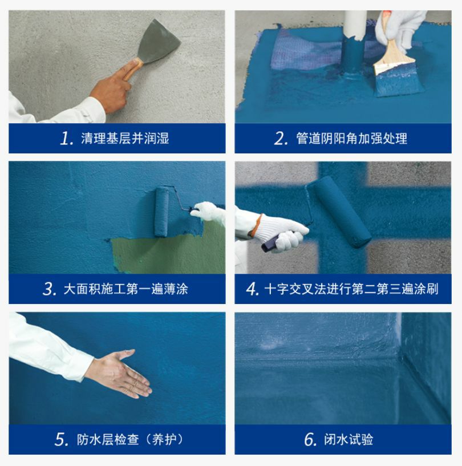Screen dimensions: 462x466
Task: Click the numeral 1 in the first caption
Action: (66, 139)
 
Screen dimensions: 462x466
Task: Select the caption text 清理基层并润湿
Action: (125, 139)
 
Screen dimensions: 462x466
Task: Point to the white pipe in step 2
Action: (355, 25)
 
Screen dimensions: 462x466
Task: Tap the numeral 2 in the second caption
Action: (281, 139)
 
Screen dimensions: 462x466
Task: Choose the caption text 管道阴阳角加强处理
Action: (352, 139)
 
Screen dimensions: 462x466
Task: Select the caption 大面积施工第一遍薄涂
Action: (125, 289)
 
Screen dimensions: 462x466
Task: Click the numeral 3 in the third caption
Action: (49, 289)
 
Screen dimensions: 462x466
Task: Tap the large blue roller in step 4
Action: (339, 212)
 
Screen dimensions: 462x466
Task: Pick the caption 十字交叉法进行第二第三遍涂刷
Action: (351, 289)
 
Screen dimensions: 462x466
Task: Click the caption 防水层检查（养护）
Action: (130, 440)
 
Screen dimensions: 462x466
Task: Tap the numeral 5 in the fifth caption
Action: (62, 440)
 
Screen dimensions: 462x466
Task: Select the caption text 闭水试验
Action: (348, 440)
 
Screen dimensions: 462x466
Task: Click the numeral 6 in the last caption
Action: (310, 440)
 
